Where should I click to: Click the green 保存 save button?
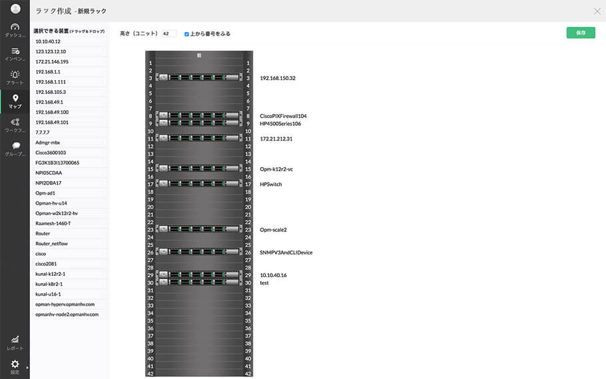pyautogui.click(x=580, y=33)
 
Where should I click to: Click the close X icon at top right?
pyautogui.click(x=597, y=11)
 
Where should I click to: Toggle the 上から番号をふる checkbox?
pyautogui.click(x=186, y=33)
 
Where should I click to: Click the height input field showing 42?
pyautogui.click(x=168, y=33)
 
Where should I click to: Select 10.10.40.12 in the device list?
pyautogui.click(x=48, y=41)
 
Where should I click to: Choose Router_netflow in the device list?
pyautogui.click(x=51, y=244)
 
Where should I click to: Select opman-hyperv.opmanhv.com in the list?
pyautogui.click(x=65, y=304)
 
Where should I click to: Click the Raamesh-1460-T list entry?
pyautogui.click(x=53, y=223)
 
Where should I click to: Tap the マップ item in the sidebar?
pyautogui.click(x=15, y=101)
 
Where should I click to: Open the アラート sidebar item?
pyautogui.click(x=15, y=77)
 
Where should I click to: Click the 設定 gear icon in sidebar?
pyautogui.click(x=15, y=365)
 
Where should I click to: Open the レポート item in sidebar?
pyautogui.click(x=15, y=342)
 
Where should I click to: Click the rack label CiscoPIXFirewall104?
pyautogui.click(x=283, y=116)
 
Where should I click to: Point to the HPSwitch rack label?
pyautogui.click(x=270, y=185)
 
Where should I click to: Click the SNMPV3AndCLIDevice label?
pyautogui.click(x=286, y=252)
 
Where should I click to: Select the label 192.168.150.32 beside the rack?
pyautogui.click(x=278, y=78)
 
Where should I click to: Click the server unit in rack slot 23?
pyautogui.click(x=198, y=230)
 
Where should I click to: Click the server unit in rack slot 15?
pyautogui.click(x=198, y=169)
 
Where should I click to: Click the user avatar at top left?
pyautogui.click(x=15, y=9)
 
